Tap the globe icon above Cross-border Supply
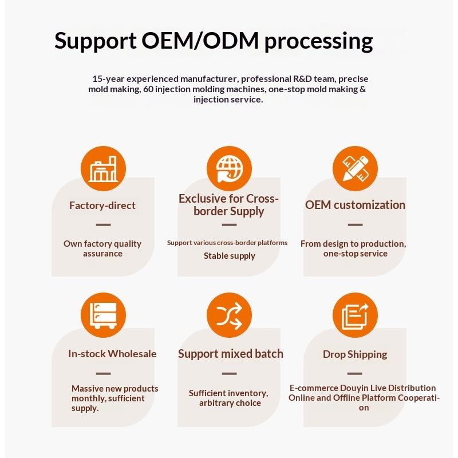pyautogui.click(x=229, y=169)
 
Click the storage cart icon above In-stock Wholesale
pyautogui.click(x=103, y=317)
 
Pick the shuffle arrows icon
pyautogui.click(x=229, y=317)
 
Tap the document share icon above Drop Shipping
pyautogui.click(x=355, y=317)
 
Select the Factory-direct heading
pyautogui.click(x=102, y=205)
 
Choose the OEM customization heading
pyautogui.click(x=355, y=205)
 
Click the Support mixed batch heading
pyautogui.click(x=230, y=354)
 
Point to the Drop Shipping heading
pyautogui.click(x=355, y=354)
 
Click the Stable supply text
pyautogui.click(x=229, y=256)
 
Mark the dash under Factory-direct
pyautogui.click(x=103, y=224)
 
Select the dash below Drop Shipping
pyautogui.click(x=355, y=373)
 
